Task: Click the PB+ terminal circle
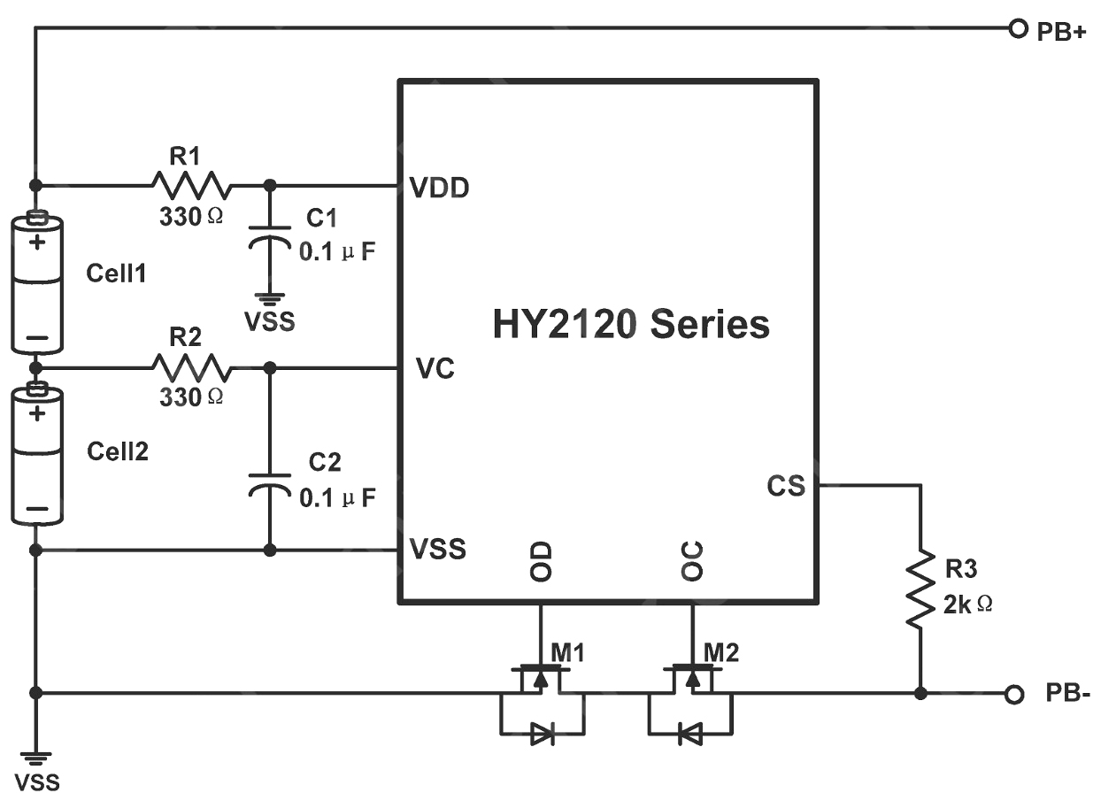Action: click(1018, 29)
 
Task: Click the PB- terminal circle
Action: click(1014, 694)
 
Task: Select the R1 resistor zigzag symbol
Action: click(191, 185)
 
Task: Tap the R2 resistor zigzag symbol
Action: click(191, 367)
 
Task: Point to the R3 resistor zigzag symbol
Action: click(920, 589)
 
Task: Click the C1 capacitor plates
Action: click(269, 237)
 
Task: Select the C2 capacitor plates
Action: click(269, 485)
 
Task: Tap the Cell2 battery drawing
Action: click(37, 454)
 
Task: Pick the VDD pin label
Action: click(439, 188)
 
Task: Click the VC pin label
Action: click(435, 368)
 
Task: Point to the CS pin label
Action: click(786, 486)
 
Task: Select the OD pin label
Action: click(541, 561)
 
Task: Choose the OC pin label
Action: click(692, 561)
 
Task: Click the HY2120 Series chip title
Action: click(631, 324)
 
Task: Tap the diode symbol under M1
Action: click(543, 734)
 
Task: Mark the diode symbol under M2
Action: click(690, 734)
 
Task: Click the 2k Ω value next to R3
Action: click(967, 605)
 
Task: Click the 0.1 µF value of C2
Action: click(337, 498)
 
